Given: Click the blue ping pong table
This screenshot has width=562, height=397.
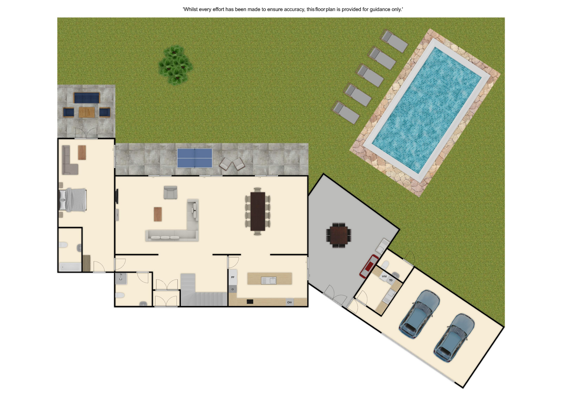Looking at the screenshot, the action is (x=194, y=158).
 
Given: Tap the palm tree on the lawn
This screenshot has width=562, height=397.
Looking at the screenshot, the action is (x=175, y=65).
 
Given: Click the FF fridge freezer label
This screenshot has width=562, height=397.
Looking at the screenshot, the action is (x=233, y=277).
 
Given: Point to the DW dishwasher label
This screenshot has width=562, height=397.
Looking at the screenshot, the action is (x=289, y=302).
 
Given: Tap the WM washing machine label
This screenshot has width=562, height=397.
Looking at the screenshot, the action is (x=384, y=276).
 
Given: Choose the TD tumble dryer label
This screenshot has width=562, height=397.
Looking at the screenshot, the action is (x=391, y=280).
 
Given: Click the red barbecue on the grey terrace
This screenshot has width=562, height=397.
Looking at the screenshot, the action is (x=369, y=266).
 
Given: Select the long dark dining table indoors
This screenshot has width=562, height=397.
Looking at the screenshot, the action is (x=258, y=211).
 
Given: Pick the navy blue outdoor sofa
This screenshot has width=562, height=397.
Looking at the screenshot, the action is (x=87, y=98).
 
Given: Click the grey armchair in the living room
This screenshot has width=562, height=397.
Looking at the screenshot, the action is (x=170, y=193).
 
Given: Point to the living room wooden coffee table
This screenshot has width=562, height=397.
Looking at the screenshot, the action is (x=158, y=214).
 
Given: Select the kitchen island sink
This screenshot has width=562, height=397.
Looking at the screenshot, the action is (x=269, y=281).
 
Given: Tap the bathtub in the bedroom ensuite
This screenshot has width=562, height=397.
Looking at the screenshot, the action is (x=70, y=267).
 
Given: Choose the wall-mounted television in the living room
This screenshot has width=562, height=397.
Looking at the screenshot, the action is (x=117, y=196).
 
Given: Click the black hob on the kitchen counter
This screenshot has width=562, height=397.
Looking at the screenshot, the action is (x=250, y=302).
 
